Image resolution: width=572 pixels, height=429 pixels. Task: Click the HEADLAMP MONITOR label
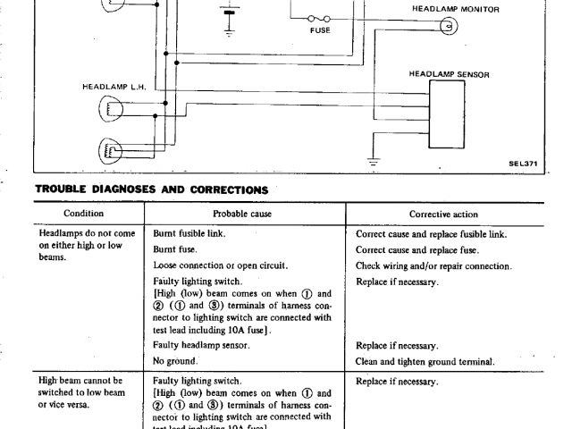455,9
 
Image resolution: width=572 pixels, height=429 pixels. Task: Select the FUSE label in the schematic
319,29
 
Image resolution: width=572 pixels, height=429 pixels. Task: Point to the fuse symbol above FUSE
318,17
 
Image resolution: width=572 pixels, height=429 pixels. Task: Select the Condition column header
84,214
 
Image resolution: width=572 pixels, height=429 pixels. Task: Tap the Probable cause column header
242,214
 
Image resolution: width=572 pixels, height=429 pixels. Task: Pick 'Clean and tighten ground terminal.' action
425,361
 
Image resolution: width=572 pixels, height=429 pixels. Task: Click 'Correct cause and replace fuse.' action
416,249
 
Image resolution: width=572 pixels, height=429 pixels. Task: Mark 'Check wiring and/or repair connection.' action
433,265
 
